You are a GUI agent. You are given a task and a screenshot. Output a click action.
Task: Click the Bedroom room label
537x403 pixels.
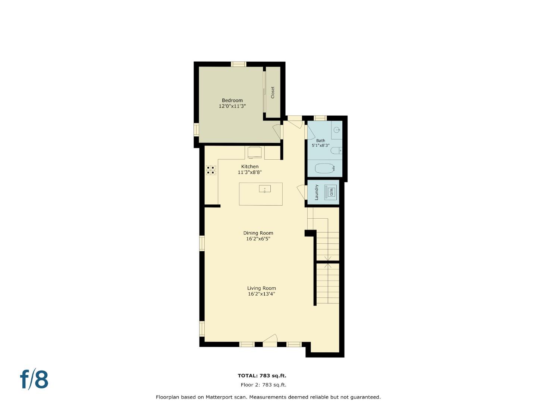click(x=232, y=100)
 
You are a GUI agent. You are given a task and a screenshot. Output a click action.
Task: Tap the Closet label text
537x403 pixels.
click(x=273, y=93)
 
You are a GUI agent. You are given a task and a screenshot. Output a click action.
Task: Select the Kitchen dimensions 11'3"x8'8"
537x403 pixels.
click(x=249, y=172)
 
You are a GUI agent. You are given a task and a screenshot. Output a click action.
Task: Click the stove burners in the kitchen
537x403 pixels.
click(x=211, y=170)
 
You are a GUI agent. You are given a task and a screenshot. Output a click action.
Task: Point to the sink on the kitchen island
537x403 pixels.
click(x=264, y=189)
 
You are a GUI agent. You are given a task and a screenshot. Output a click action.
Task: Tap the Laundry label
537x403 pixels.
click(x=317, y=192)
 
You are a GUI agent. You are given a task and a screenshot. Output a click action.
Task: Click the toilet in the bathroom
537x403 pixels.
click(x=336, y=151)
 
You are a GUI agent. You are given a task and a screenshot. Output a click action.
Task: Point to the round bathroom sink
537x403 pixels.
click(x=337, y=130)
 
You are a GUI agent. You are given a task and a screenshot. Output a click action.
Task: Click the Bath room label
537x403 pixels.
click(x=320, y=141)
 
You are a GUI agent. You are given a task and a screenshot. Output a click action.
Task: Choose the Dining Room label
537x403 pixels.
click(x=258, y=233)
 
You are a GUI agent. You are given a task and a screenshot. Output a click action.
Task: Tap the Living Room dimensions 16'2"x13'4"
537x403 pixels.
click(x=261, y=294)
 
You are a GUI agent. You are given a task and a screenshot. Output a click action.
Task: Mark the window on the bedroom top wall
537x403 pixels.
click(x=239, y=64)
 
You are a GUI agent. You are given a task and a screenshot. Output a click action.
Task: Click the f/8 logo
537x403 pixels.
click(x=34, y=379)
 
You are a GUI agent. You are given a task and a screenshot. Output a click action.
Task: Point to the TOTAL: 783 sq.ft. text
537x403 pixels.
click(x=262, y=376)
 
